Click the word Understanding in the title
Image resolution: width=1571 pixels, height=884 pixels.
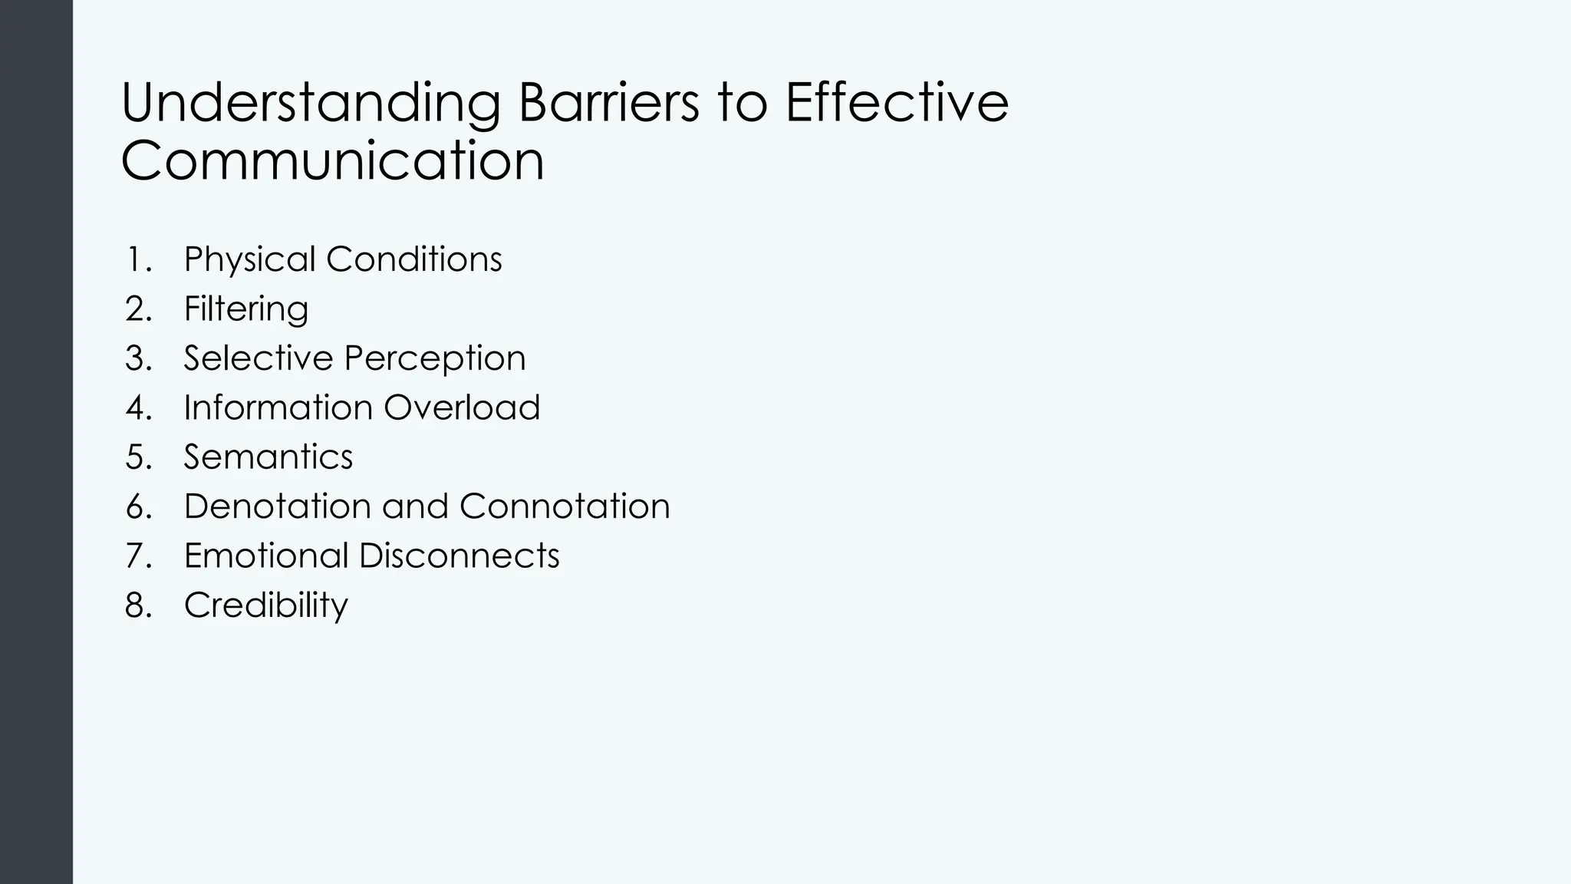(x=311, y=103)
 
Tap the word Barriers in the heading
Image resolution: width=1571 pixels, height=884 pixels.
(x=608, y=103)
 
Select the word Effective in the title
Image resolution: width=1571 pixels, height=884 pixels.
(x=897, y=103)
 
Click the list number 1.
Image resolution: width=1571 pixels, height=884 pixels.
(x=138, y=259)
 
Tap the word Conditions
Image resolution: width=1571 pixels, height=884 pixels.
(x=414, y=259)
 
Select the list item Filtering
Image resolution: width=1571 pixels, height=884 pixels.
(x=246, y=308)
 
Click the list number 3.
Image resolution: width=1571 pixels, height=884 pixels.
(x=138, y=358)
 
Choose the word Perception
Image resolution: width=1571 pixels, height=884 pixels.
(x=435, y=358)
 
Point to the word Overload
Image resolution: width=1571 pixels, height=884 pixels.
(x=462, y=407)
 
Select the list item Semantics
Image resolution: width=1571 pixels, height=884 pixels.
(x=268, y=457)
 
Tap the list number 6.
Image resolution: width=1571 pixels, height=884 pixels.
(x=138, y=506)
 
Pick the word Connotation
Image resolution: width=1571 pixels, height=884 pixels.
(x=565, y=506)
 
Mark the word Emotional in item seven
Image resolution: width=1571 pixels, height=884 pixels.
(x=266, y=556)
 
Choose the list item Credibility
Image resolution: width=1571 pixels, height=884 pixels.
(x=266, y=605)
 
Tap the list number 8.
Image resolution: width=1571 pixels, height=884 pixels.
(x=138, y=605)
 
